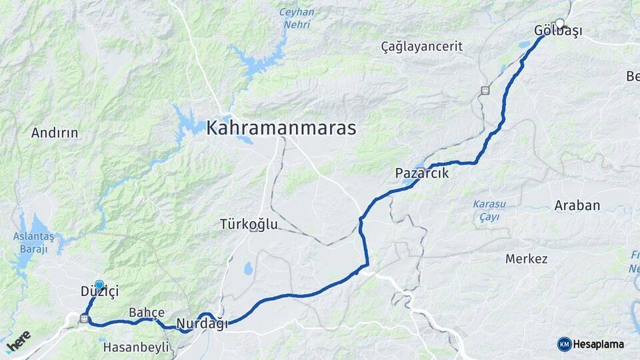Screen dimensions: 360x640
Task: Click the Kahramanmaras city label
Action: (281, 128)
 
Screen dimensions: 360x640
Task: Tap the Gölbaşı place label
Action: (558, 31)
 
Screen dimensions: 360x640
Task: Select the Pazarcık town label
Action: (422, 173)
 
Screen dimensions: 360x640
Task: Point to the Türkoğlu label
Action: (249, 225)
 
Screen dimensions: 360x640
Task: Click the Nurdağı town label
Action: (202, 324)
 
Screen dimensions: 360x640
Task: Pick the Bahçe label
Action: (147, 312)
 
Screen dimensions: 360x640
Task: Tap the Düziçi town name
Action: (99, 291)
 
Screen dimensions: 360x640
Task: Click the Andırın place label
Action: (55, 133)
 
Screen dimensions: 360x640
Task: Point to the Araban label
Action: (577, 206)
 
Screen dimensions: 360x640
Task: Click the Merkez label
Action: (526, 259)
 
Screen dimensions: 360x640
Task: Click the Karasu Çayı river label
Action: (489, 210)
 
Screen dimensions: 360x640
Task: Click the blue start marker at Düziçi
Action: (99, 285)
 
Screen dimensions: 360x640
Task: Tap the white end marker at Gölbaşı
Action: (559, 23)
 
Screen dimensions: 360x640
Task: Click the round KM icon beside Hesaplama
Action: (565, 344)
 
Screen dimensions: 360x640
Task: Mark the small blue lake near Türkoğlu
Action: (248, 268)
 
